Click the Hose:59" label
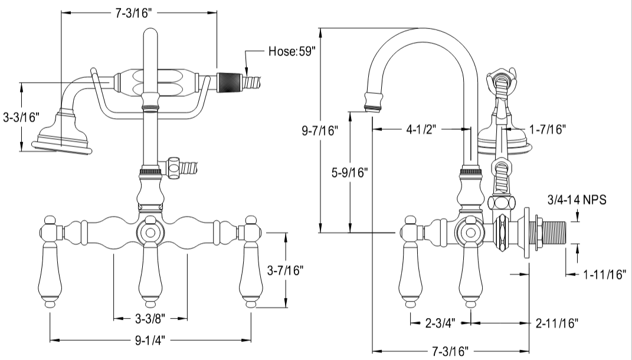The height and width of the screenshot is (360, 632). point(292,51)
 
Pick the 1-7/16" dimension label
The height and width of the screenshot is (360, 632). point(547,129)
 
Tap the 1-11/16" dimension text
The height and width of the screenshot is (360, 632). point(604,274)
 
